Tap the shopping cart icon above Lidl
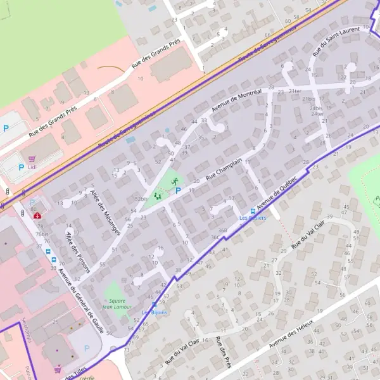coord(30,159)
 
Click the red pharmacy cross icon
coord(39,215)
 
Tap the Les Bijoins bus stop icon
coord(154,305)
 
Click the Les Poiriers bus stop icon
coord(253,211)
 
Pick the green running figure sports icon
coord(174,181)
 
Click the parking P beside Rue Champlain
coord(178,190)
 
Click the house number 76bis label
coord(43,233)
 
